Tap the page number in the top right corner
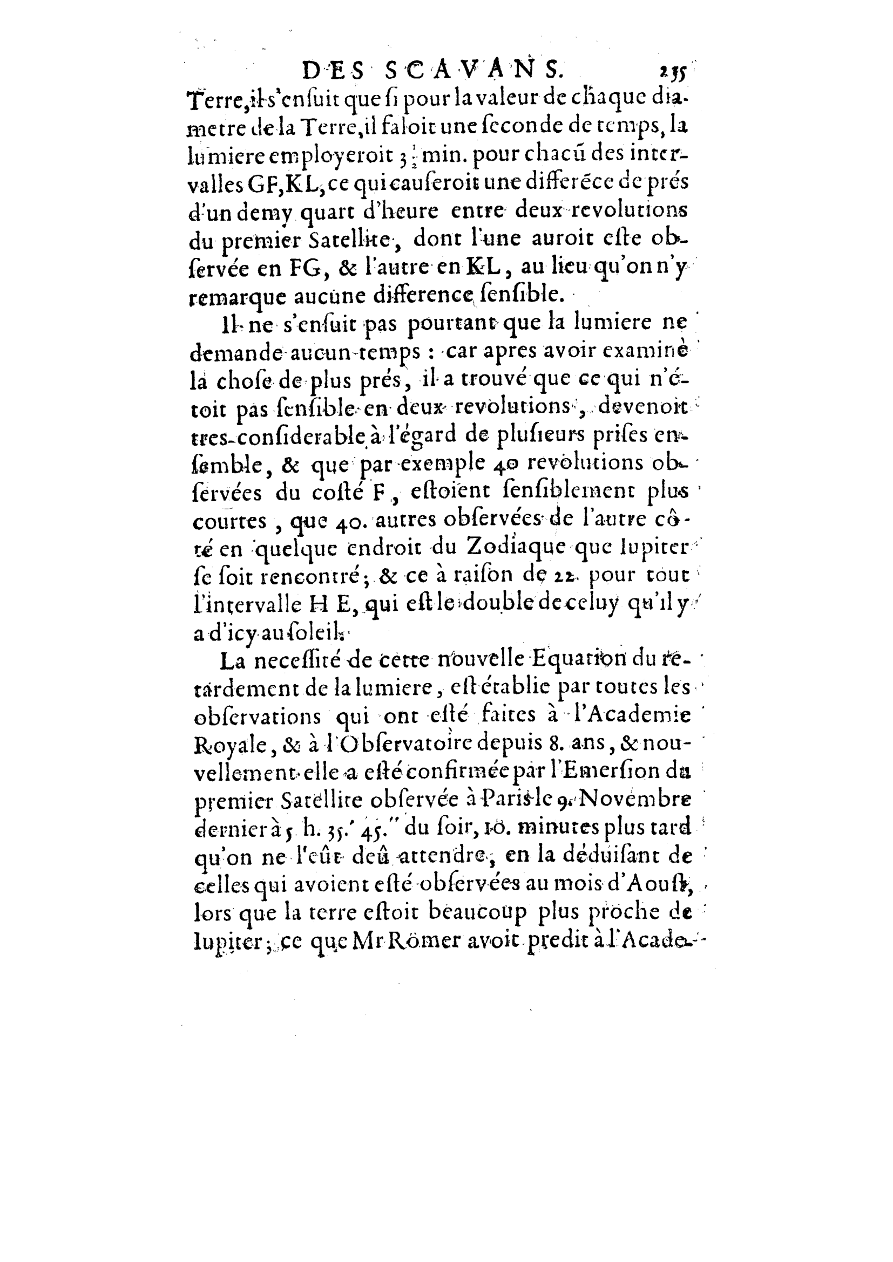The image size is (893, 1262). click(675, 72)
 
